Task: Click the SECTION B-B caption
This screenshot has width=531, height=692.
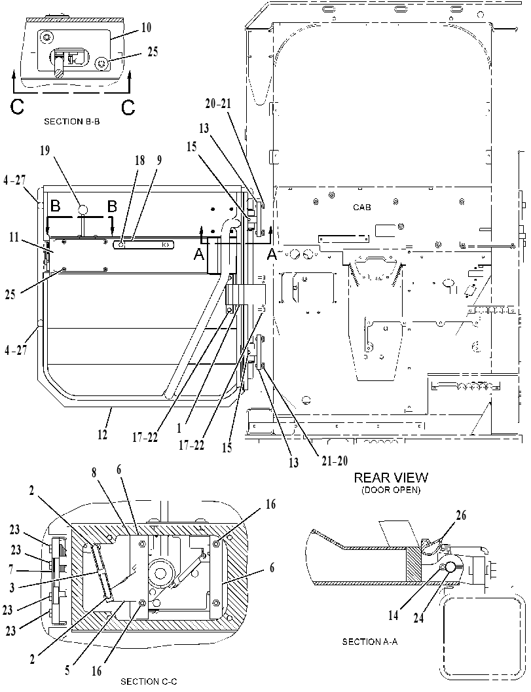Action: coord(71,121)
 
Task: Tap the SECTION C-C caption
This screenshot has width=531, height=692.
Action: coord(149,682)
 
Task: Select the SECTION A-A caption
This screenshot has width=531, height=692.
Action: coord(370,642)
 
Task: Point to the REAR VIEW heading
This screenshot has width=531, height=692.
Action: coord(391,477)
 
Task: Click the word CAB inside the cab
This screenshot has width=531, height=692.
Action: coord(362,207)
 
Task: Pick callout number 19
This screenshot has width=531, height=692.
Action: coord(45,151)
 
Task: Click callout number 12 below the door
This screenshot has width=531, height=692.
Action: coord(102,435)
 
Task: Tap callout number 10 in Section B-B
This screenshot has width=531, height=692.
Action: coord(146,27)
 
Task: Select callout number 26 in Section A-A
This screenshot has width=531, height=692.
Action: coord(461,515)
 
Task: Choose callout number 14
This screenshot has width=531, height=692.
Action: coord(394,615)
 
